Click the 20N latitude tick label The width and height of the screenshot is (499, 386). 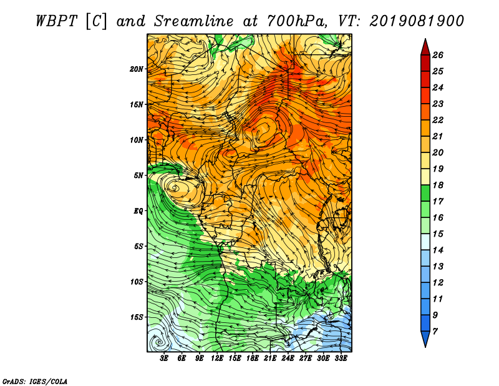click(137, 69)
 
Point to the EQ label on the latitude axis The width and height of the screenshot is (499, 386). click(138, 211)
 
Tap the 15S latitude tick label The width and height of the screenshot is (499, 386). click(137, 317)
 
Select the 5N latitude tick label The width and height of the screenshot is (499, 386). click(138, 176)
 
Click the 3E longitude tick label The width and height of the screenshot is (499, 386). click(164, 359)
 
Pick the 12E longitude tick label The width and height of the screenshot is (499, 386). click(217, 359)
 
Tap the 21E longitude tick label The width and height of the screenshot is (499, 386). click(270, 359)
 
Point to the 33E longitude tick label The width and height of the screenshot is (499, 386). click(341, 359)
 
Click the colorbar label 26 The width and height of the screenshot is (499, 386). click(438, 55)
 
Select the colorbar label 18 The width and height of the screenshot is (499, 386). click(438, 185)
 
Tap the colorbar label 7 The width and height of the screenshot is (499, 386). click(435, 332)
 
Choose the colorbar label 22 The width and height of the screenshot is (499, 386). click(438, 120)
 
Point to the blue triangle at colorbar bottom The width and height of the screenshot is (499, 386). click(425, 338)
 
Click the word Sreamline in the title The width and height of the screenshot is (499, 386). click(193, 21)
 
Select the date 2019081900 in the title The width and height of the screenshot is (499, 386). click(417, 21)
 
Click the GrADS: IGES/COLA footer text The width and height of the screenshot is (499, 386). click(35, 382)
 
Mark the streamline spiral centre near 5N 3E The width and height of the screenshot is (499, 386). click(174, 188)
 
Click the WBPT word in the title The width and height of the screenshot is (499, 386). click(57, 21)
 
